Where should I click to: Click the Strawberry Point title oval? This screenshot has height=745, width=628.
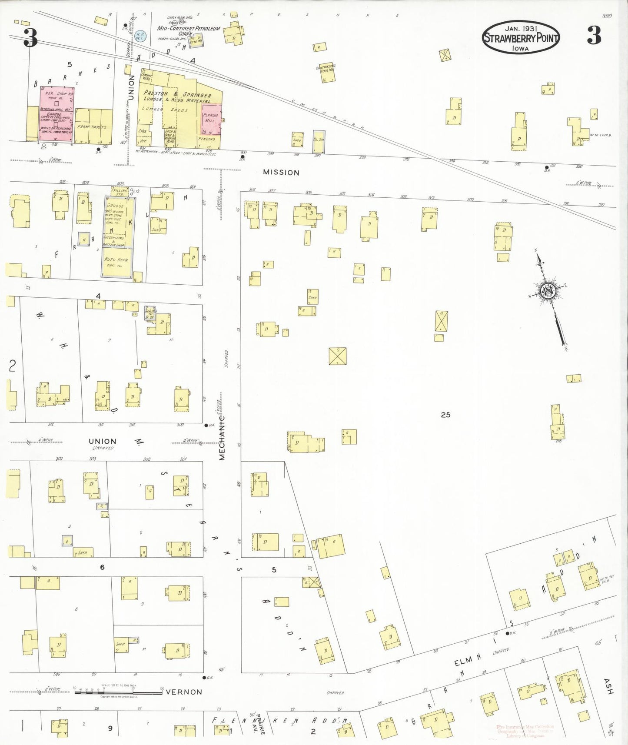pyautogui.click(x=520, y=37)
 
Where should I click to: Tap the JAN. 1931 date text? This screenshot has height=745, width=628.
pyautogui.click(x=521, y=28)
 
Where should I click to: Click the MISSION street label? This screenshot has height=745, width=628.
pyautogui.click(x=281, y=173)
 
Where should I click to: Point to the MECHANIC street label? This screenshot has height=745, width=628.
pyautogui.click(x=222, y=438)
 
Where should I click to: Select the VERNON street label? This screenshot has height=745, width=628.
pyautogui.click(x=184, y=692)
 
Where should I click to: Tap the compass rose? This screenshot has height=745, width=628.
pyautogui.click(x=548, y=290)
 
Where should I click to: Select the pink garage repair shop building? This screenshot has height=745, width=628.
pyautogui.click(x=56, y=114)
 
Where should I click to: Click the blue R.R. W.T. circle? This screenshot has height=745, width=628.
pyautogui.click(x=140, y=35)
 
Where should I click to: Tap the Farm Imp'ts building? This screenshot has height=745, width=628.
pyautogui.click(x=93, y=126)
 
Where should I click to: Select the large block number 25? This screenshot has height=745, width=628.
pyautogui.click(x=445, y=415)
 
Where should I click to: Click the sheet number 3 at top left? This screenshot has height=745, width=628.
pyautogui.click(x=30, y=37)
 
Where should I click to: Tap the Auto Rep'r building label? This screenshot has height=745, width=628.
pyautogui.click(x=116, y=262)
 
